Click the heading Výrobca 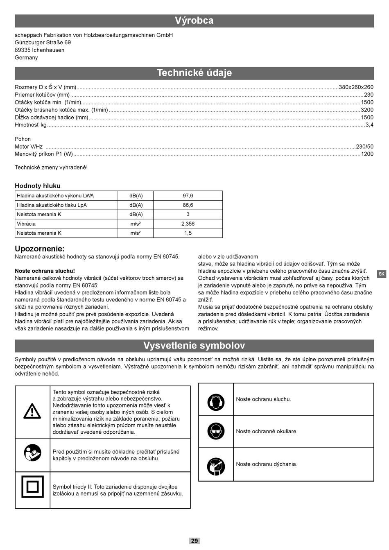pyautogui.click(x=194, y=20)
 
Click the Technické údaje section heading pyautogui.click(x=194, y=73)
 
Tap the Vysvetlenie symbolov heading pyautogui.click(x=194, y=346)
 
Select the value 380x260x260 pyautogui.click(x=356, y=87)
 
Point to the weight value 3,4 pyautogui.click(x=369, y=125)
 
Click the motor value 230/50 pyautogui.click(x=364, y=147)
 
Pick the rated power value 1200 pyautogui.click(x=367, y=154)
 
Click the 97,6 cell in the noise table pyautogui.click(x=188, y=196)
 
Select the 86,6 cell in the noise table pyautogui.click(x=188, y=205)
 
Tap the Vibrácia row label pyautogui.click(x=26, y=224)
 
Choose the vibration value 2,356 pyautogui.click(x=188, y=224)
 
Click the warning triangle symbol pyautogui.click(x=32, y=411)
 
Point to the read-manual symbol pyautogui.click(x=32, y=453)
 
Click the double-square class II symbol pyautogui.click(x=32, y=487)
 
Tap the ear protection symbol pyautogui.click(x=216, y=402)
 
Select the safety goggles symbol pyautogui.click(x=216, y=431)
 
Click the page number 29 pyautogui.click(x=194, y=541)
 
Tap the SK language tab pyautogui.click(x=381, y=274)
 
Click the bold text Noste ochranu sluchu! pyautogui.click(x=45, y=271)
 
